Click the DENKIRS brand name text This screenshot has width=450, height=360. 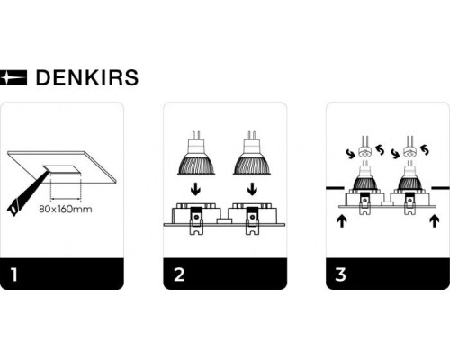86,77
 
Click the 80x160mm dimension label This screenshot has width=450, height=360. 65,211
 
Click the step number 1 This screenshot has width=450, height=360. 13,274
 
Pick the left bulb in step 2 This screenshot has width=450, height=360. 195,155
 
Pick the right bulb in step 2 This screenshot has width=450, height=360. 252,155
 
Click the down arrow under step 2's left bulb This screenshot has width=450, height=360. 195,190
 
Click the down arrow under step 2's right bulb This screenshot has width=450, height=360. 252,190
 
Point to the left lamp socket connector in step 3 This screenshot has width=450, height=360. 364,152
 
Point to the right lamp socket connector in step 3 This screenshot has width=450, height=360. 411,152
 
